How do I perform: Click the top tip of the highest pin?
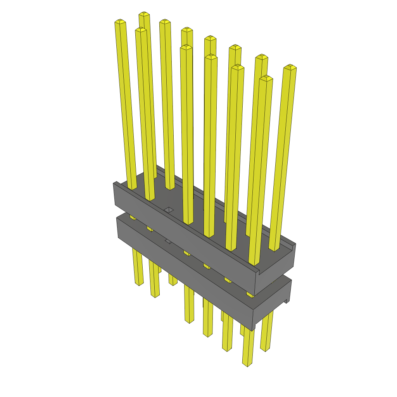(x=144, y=14)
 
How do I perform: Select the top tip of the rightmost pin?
(x=290, y=67)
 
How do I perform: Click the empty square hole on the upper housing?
(x=169, y=210)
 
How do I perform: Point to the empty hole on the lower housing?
(x=168, y=241)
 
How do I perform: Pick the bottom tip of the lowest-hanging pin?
(x=247, y=365)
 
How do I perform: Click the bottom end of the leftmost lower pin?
(x=139, y=284)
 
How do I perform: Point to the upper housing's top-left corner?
(x=115, y=183)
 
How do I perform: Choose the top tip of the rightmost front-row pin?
(x=266, y=78)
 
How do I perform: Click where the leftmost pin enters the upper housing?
(x=132, y=188)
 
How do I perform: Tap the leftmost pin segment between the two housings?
(x=133, y=217)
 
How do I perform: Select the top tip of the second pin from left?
(x=141, y=29)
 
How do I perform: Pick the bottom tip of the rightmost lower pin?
(x=265, y=350)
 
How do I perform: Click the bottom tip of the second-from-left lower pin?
(x=155, y=296)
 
